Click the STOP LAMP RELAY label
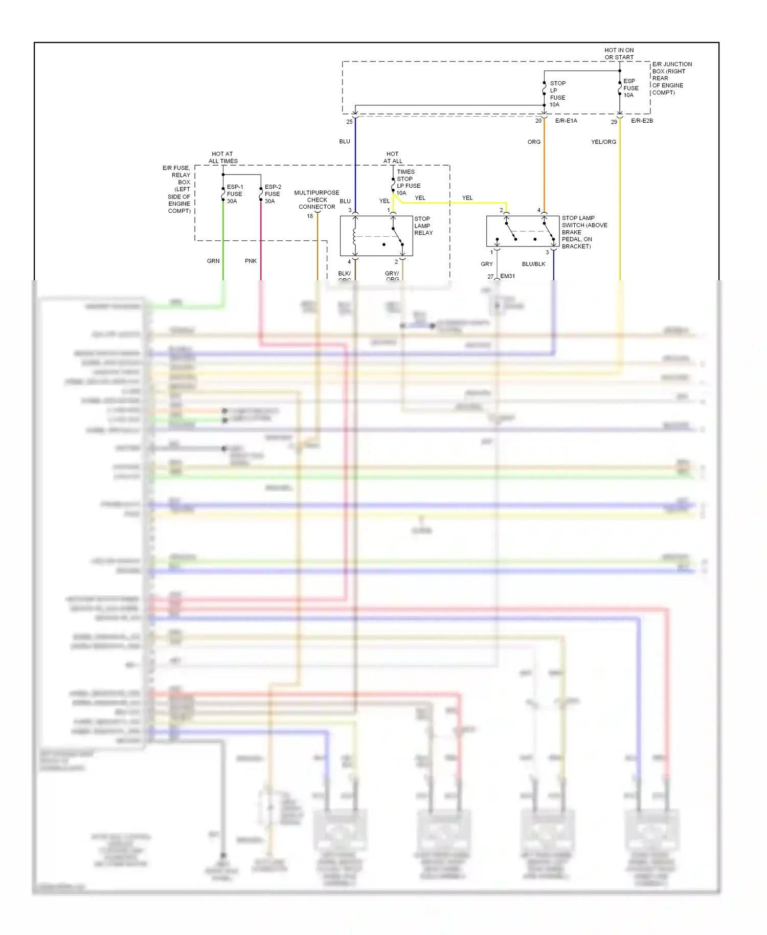point(423,226)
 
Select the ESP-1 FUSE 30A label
point(235,194)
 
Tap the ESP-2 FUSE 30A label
point(273,194)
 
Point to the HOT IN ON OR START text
point(619,54)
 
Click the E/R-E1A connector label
point(566,121)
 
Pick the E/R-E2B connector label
point(642,121)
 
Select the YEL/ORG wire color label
point(603,142)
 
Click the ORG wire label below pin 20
point(534,142)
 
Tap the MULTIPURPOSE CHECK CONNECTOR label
point(317,199)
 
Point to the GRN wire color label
point(213,261)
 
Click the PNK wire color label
point(251,261)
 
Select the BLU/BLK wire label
point(533,264)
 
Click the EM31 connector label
point(507,276)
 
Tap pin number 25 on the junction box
point(349,122)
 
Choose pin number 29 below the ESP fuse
point(614,122)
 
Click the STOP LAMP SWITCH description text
point(584,232)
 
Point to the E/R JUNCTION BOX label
point(671,78)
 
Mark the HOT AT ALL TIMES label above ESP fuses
point(223,157)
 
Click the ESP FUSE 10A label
point(630,88)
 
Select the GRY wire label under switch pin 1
point(487,264)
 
